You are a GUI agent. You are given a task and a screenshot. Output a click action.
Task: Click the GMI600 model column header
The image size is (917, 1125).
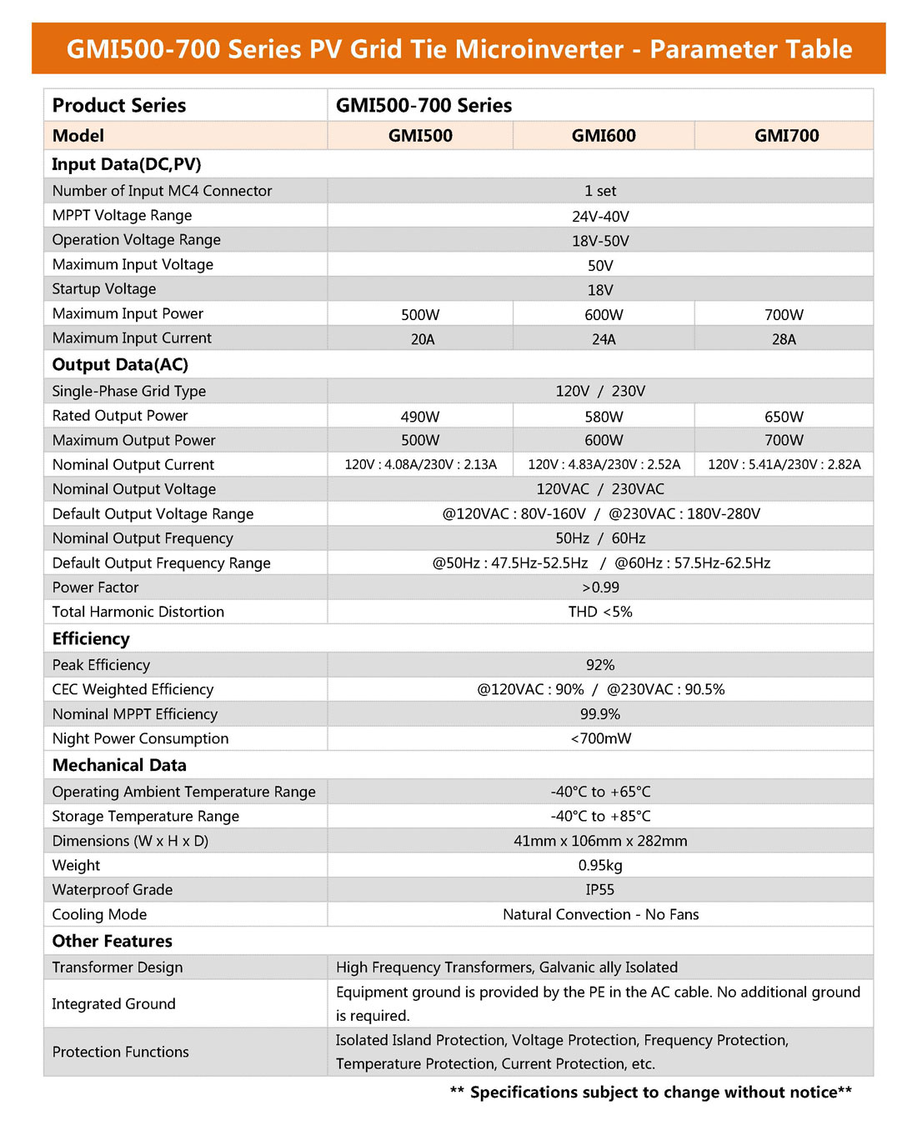pos(604,136)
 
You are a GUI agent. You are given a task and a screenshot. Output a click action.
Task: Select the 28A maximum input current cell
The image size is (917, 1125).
pos(784,339)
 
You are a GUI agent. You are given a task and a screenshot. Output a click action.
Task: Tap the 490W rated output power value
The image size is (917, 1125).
pos(420,417)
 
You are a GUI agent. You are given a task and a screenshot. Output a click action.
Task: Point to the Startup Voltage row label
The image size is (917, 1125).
pos(104,289)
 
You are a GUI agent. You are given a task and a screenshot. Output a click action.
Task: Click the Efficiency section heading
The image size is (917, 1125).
pos(91,639)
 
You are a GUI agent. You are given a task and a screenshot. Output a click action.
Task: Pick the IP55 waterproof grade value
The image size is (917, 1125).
pos(600,890)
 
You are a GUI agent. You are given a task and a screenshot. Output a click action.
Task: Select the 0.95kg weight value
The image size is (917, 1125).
pos(600,866)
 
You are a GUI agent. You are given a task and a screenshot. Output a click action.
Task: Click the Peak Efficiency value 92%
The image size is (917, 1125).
pos(600,665)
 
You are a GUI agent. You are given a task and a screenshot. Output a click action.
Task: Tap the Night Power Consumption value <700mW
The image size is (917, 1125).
pos(600,739)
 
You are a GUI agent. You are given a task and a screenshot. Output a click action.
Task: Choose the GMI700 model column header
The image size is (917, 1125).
pos(786,136)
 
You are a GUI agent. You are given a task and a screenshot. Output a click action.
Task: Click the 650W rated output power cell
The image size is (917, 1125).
pos(784,417)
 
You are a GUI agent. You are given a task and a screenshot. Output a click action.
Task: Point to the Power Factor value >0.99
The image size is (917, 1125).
pos(600,587)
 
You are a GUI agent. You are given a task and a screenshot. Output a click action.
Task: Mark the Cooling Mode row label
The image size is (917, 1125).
pos(99,915)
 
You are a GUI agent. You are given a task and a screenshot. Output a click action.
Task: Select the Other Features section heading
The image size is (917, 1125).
pos(113,942)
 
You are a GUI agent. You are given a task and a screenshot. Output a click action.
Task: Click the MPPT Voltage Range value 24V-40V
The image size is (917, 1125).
pos(600,217)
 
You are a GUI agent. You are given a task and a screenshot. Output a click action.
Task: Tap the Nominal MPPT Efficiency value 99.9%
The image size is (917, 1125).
pos(600,714)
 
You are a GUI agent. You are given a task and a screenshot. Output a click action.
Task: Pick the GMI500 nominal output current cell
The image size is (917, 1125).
pos(420,465)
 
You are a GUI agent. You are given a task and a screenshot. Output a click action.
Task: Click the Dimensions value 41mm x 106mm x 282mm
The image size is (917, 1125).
pos(600,842)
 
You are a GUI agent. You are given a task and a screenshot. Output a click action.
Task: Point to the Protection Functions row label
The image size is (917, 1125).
pos(121,1052)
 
